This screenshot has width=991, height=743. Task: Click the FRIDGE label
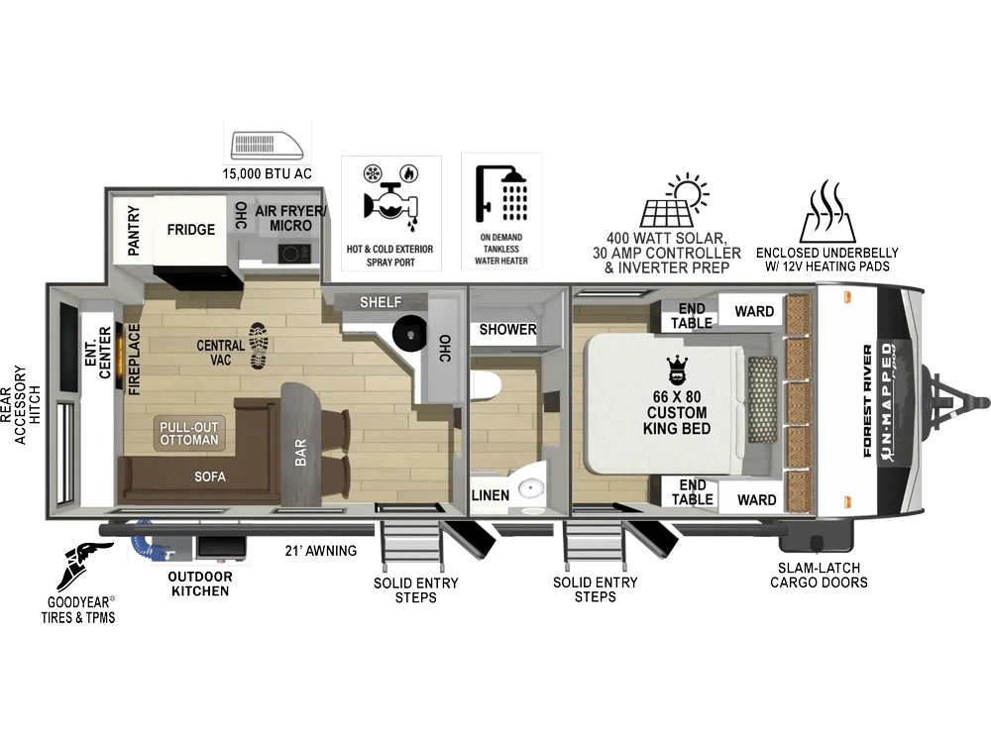coord(191,230)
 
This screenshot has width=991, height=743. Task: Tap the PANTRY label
coord(134,230)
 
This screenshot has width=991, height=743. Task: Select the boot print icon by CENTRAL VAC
coord(258,345)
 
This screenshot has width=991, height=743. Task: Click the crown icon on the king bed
coord(677,371)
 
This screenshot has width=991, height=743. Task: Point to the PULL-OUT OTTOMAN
coord(188,434)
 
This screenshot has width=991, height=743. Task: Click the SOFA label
coord(210,477)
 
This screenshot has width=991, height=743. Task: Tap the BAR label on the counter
coord(301,453)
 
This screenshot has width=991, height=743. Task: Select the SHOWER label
coord(507,329)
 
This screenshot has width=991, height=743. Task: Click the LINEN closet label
coord(491,495)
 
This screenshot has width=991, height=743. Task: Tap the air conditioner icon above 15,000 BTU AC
coord(268,145)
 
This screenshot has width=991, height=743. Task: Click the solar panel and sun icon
coord(674,200)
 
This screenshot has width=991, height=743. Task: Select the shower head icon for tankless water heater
coord(501,193)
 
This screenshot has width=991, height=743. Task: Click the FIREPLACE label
coord(134,360)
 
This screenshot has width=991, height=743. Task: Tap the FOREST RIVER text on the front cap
coord(868,400)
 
